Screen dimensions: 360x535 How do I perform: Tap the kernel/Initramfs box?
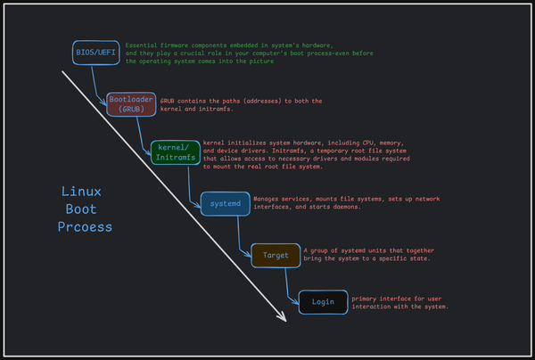(x=175, y=151)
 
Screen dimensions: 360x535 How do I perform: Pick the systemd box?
(x=225, y=204)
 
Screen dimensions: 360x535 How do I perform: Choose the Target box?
(x=276, y=255)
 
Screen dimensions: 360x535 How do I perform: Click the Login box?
(x=323, y=301)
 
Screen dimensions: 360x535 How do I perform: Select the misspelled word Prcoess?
(x=86, y=226)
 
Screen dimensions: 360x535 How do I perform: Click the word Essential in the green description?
(x=142, y=45)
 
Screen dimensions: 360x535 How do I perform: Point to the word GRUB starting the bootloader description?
(x=169, y=101)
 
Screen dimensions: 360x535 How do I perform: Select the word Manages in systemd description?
(x=268, y=198)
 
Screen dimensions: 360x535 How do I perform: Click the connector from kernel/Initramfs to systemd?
(x=190, y=183)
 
